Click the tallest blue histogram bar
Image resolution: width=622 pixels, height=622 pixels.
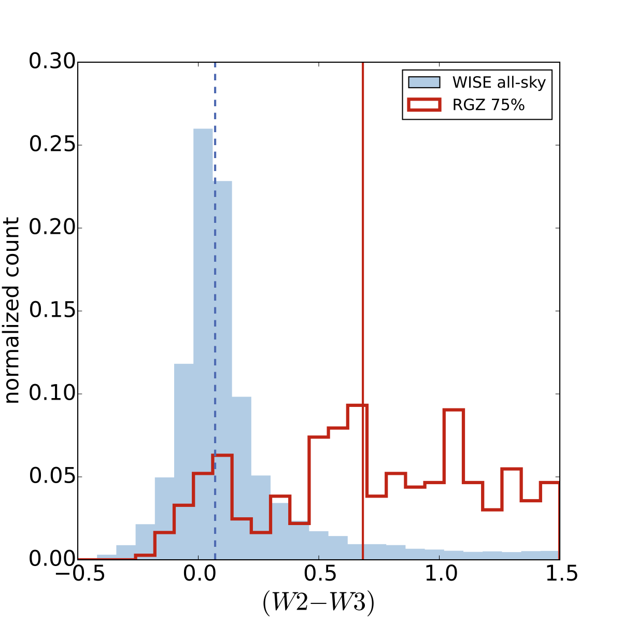tap(203, 342)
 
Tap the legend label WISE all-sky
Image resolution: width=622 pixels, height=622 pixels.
tap(499, 82)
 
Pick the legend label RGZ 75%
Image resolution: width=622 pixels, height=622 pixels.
tap(488, 105)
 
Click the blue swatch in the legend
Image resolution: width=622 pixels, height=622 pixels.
tap(424, 82)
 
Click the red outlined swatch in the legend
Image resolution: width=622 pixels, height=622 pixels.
tap(424, 105)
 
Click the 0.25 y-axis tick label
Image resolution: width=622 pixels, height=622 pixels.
tap(50, 145)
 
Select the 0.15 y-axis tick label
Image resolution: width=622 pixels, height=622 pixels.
tap(50, 311)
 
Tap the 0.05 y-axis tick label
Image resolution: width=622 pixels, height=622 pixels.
tap(50, 477)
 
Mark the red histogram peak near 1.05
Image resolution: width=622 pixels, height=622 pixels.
tap(454, 410)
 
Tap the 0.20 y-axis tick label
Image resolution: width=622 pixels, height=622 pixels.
tap(50, 228)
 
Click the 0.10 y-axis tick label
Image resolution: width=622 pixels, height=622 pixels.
tap(50, 394)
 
